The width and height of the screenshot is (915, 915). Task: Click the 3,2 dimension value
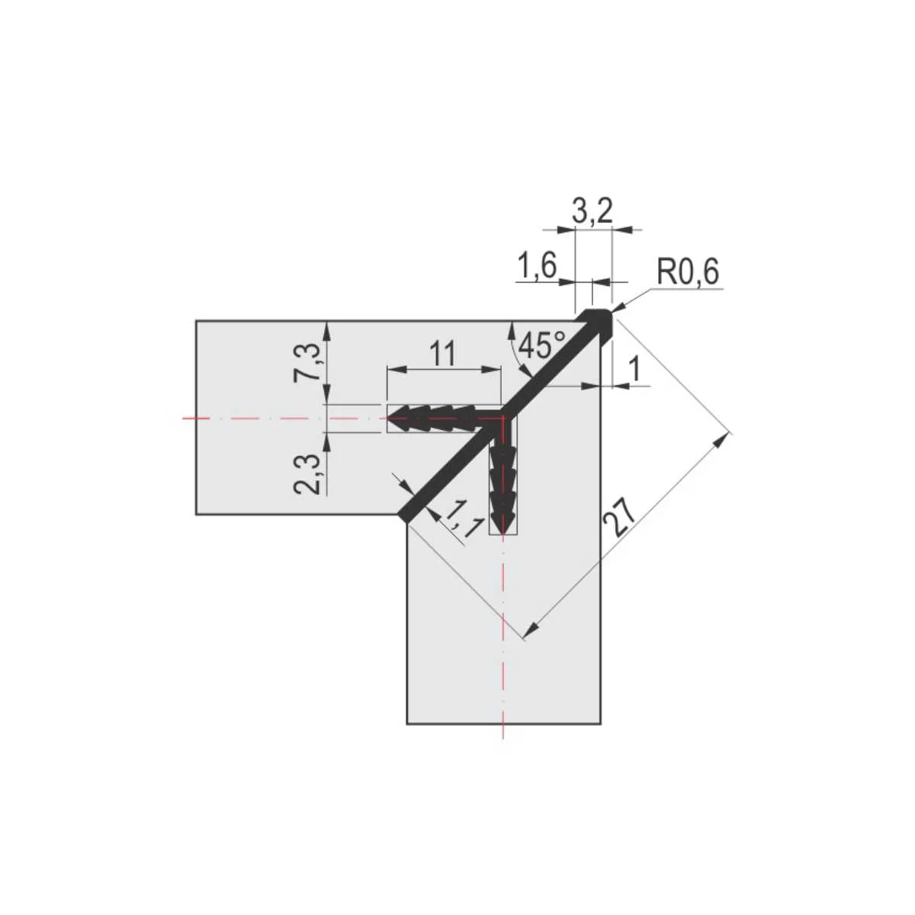pos(592,212)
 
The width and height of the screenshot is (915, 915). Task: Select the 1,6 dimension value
pos(537,266)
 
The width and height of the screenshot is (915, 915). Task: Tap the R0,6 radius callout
pos(688,273)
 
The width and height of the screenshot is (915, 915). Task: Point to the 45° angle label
pos(542,345)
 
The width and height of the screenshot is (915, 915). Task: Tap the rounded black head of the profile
pos(598,321)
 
